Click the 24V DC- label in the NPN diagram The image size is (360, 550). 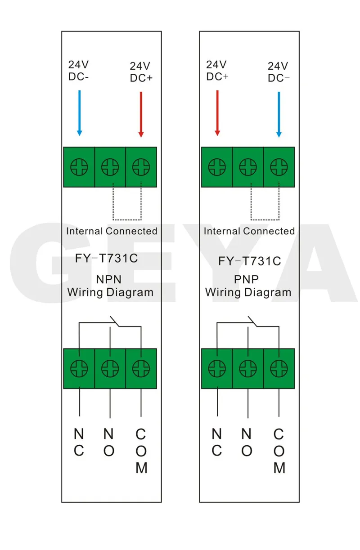tap(79, 70)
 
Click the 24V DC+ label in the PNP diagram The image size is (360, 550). tap(217, 71)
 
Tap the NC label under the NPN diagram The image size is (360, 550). tap(79, 443)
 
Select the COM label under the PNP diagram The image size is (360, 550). tap(279, 451)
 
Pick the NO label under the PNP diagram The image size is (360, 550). tap(246, 443)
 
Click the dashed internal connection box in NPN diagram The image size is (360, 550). tap(127, 219)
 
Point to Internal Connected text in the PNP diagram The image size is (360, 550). tap(249, 231)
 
